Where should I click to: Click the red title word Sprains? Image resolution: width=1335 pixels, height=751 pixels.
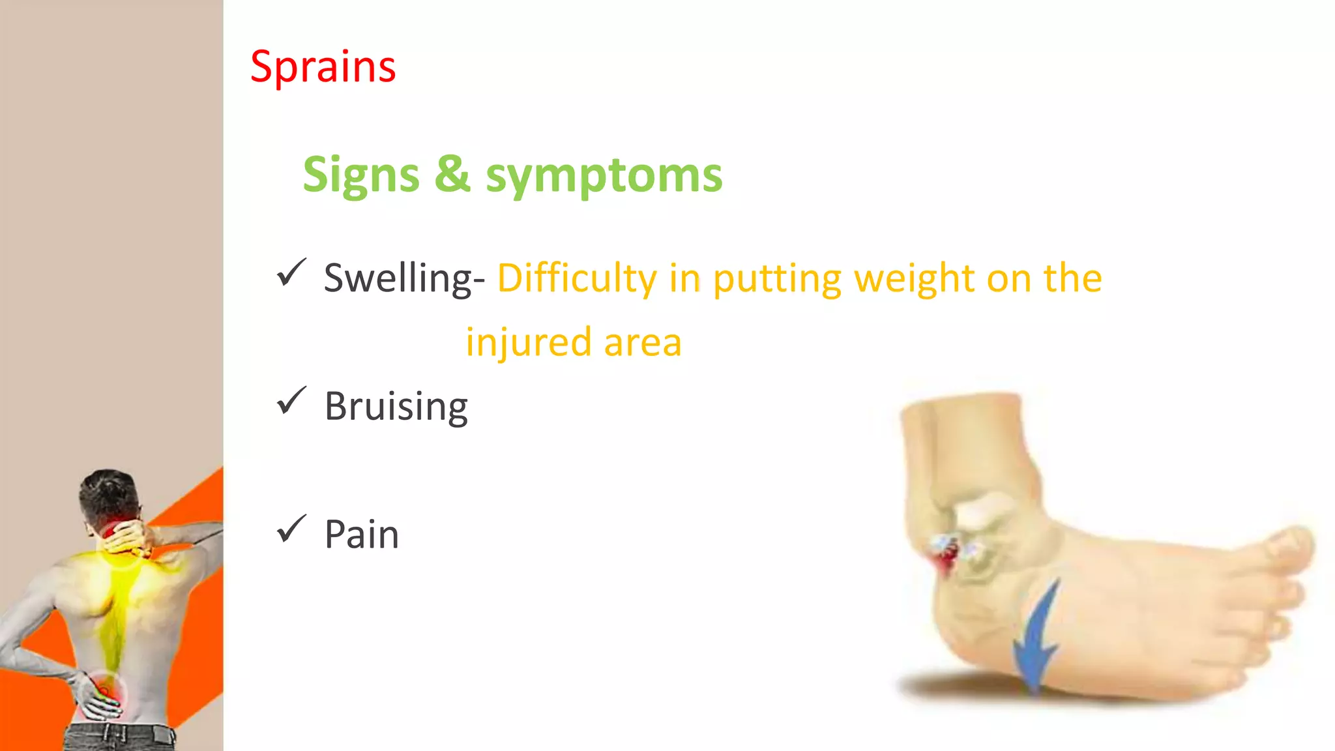click(323, 67)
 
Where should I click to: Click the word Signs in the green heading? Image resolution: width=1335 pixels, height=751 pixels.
click(361, 175)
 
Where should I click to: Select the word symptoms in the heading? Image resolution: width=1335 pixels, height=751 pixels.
click(604, 177)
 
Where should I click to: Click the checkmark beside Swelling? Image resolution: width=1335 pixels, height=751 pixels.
click(291, 272)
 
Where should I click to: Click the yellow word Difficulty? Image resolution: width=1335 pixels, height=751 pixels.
click(576, 278)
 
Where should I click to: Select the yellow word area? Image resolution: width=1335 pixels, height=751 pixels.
click(642, 343)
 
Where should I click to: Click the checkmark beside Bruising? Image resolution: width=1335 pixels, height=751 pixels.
click(291, 400)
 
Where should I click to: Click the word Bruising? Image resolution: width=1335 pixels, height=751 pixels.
click(396, 406)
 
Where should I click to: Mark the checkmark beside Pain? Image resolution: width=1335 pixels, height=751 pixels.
click(291, 529)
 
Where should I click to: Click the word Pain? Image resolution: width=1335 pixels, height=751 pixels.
click(361, 535)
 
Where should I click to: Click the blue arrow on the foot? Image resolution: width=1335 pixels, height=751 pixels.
click(1038, 639)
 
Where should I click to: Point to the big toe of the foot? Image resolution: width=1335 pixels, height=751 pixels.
click(1287, 548)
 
